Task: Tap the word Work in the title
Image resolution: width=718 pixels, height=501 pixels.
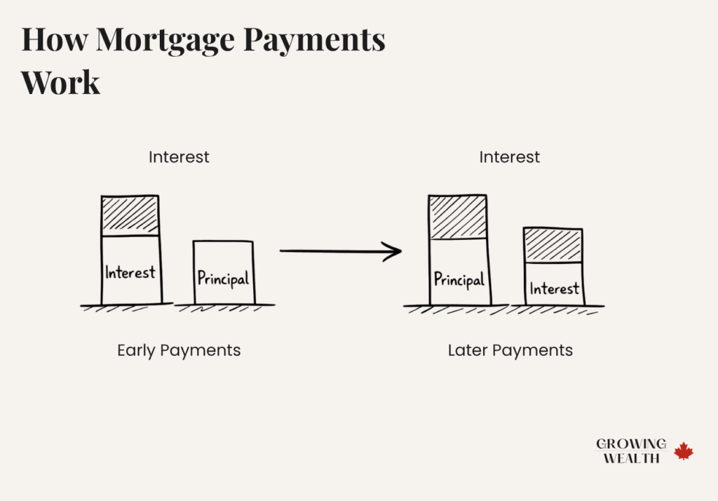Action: (61, 83)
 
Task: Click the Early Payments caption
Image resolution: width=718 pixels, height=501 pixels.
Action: (179, 350)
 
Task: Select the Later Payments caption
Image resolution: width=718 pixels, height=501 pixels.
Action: (510, 350)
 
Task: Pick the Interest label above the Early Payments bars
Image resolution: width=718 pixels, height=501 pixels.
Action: (179, 157)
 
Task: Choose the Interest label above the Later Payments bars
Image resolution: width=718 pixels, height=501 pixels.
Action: (510, 157)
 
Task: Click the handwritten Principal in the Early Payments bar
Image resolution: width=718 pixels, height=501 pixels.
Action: (223, 279)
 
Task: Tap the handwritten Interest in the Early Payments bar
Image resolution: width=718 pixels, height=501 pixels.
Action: (130, 272)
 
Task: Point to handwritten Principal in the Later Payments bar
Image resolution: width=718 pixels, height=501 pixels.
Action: (459, 279)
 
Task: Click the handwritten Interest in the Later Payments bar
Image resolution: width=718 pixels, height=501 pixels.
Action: (554, 288)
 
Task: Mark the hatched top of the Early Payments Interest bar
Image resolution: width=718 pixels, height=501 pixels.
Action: (130, 215)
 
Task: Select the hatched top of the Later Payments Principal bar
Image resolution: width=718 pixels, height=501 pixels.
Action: (458, 217)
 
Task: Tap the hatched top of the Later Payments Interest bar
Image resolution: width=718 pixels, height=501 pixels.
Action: (553, 245)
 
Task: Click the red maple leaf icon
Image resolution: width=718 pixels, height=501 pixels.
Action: (684, 451)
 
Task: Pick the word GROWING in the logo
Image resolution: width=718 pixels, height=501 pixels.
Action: (631, 444)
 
